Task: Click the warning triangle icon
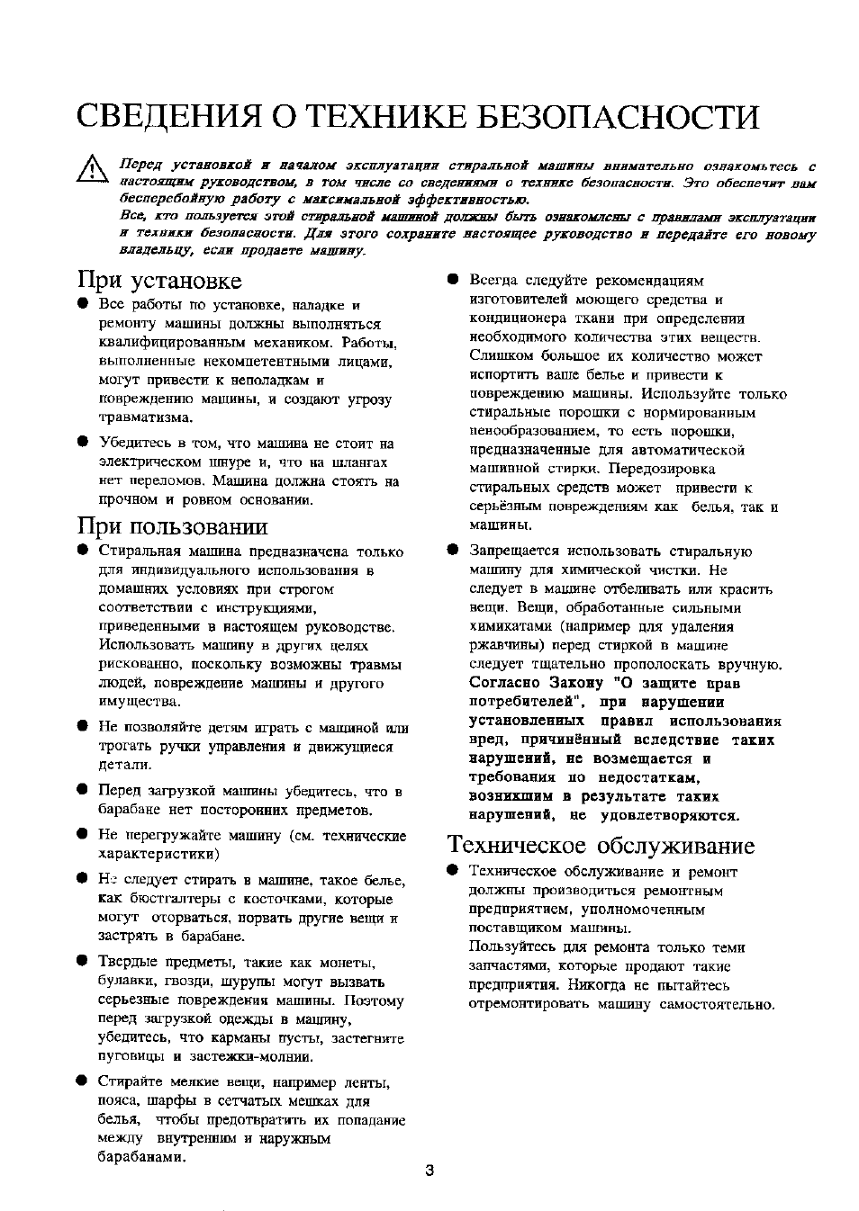point(91,169)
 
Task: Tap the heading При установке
point(159,280)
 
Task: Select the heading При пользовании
point(173,525)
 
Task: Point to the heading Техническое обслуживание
point(601,845)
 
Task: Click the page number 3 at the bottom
point(429,1171)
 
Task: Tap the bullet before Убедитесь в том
point(81,443)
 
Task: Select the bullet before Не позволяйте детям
point(81,727)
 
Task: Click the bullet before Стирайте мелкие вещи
point(81,1081)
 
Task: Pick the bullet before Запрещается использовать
point(453,551)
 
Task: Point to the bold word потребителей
point(521,702)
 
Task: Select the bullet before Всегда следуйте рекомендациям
point(453,280)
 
